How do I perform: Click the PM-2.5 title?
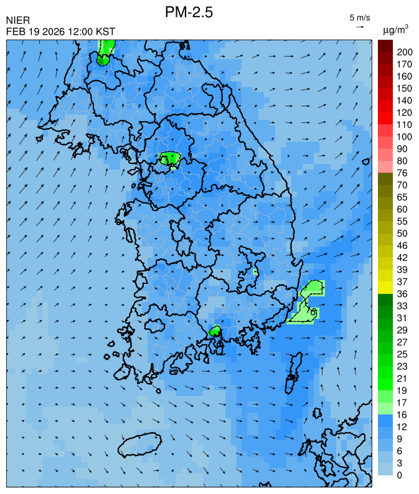point(189,12)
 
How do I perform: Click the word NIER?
point(18,21)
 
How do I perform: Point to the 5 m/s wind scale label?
point(360,17)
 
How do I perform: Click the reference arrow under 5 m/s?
point(360,27)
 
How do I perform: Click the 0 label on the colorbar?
point(398,475)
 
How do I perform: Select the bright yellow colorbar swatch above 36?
point(385,287)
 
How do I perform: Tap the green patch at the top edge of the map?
point(105,50)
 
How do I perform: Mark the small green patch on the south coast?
point(215,331)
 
